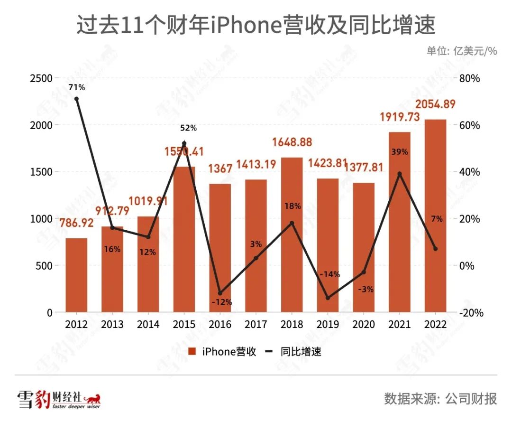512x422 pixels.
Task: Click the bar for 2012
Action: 76,275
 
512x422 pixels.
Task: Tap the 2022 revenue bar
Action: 436,216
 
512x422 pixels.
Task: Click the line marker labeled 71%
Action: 76,99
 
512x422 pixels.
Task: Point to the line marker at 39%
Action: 400,174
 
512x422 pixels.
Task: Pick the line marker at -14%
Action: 328,298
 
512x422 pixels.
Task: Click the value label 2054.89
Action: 436,104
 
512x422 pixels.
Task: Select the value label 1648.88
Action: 292,142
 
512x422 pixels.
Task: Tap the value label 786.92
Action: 76,222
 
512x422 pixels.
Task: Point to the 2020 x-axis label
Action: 364,325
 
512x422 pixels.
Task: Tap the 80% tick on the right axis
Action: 469,78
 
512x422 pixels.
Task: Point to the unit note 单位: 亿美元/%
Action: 462,51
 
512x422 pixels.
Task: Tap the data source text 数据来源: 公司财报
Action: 440,398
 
